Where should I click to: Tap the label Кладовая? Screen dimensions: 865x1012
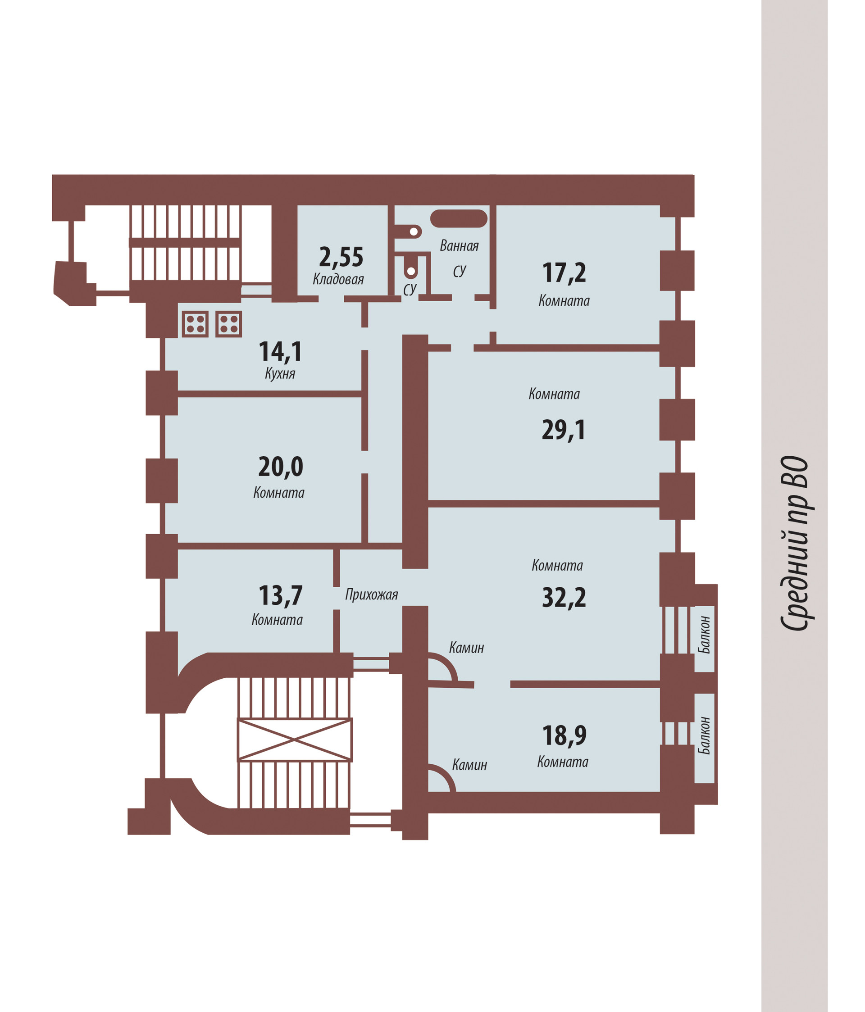tap(338, 279)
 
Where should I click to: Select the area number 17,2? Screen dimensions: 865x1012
tap(564, 272)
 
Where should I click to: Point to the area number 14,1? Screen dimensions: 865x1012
tap(281, 352)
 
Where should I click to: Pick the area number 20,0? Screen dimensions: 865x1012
tap(281, 467)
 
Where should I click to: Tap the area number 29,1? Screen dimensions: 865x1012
tap(564, 430)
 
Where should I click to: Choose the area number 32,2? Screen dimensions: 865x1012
tap(564, 597)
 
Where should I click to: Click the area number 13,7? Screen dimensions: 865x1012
tap(281, 596)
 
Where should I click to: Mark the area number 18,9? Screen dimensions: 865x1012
tap(565, 735)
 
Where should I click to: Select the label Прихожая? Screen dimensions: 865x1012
tap(371, 594)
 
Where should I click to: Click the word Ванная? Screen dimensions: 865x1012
tap(459, 245)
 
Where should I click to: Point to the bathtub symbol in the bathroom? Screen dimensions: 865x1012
tap(458, 219)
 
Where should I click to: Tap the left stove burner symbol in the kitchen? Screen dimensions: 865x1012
tap(195, 324)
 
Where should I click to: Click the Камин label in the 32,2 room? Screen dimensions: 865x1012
tap(466, 648)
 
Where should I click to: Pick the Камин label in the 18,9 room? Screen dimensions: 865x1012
tap(469, 765)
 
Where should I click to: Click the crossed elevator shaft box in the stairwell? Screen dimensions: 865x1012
tap(294, 740)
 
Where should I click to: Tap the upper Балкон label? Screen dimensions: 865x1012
tap(704, 635)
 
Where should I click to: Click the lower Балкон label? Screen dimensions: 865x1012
tap(704, 735)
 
